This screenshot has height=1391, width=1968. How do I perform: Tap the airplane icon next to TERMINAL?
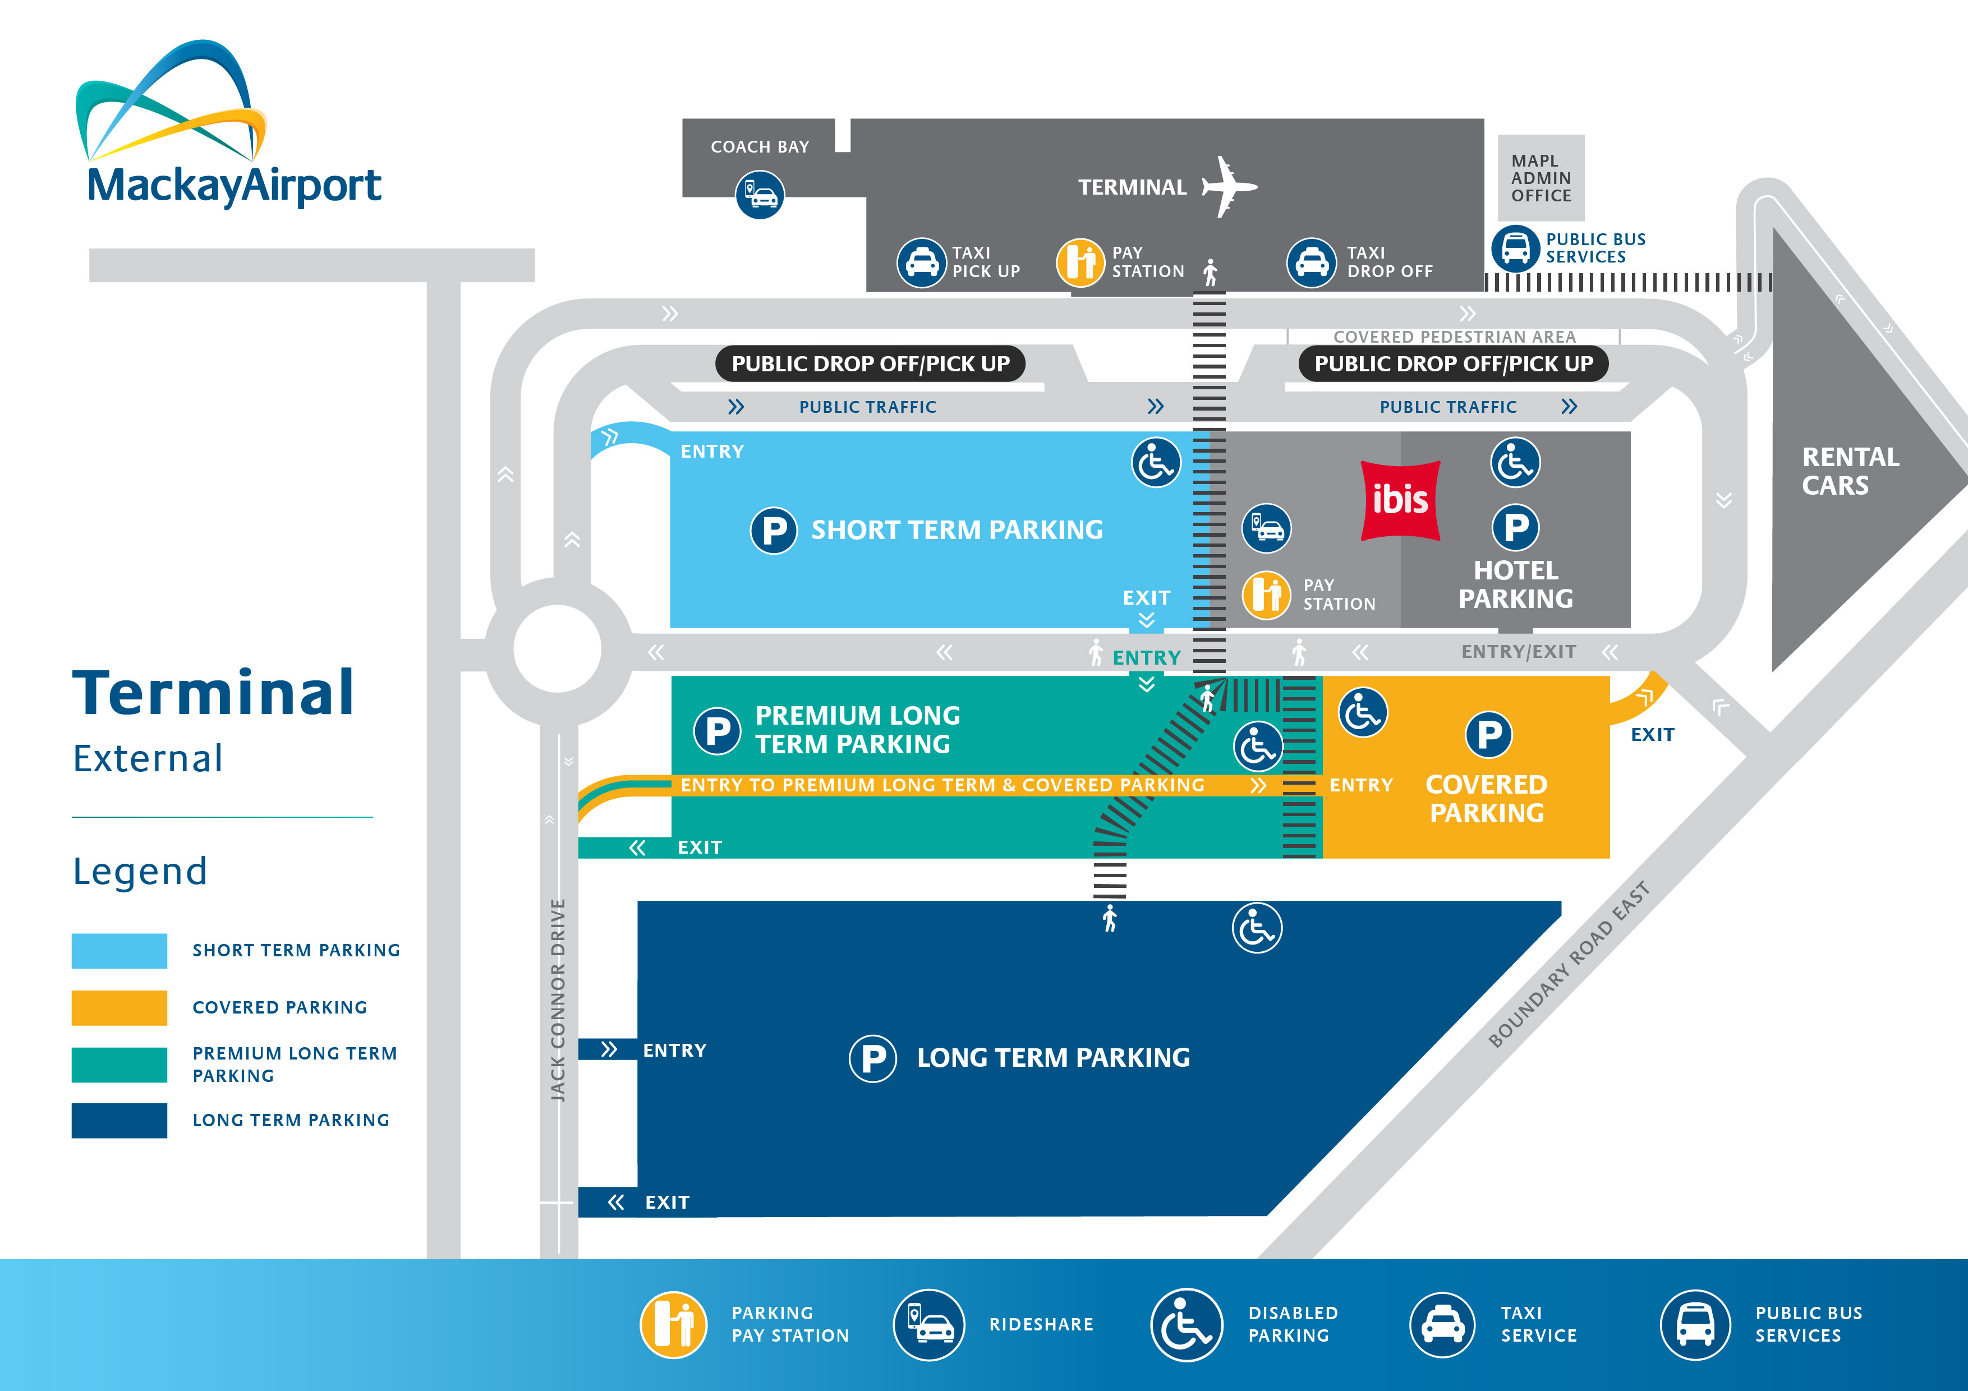click(x=1228, y=187)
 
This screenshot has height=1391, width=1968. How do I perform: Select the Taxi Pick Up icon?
click(x=921, y=262)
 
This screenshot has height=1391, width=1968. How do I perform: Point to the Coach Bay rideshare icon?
click(x=760, y=195)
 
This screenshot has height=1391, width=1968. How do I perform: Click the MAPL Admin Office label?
click(x=1541, y=178)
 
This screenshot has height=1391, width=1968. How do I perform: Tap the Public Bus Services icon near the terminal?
click(x=1515, y=248)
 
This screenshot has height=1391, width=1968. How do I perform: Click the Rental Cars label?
click(x=1850, y=471)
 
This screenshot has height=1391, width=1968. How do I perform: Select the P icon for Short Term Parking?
click(x=773, y=531)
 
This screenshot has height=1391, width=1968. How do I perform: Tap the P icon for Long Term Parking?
click(x=872, y=1058)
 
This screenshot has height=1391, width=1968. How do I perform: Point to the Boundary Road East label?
click(x=1569, y=964)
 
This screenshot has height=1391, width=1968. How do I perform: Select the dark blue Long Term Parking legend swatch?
click(x=119, y=1120)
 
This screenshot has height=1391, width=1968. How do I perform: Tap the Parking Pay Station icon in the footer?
click(x=674, y=1324)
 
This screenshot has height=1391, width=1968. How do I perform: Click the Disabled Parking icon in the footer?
click(x=1187, y=1324)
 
